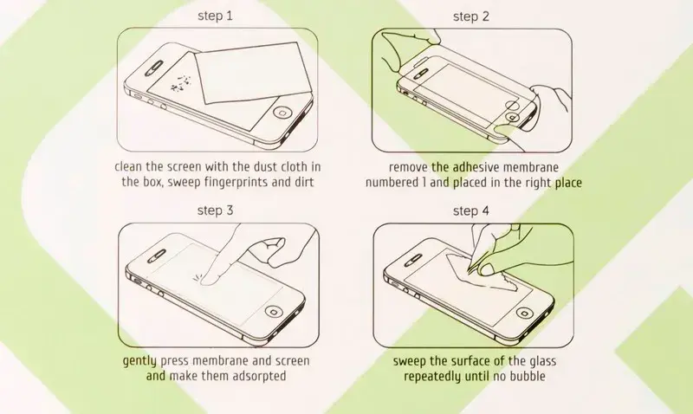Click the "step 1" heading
click(x=215, y=16)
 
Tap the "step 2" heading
click(x=471, y=16)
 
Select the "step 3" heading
click(x=215, y=210)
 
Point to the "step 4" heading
click(x=471, y=211)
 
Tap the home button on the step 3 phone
click(x=274, y=311)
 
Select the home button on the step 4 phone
click(x=524, y=313)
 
